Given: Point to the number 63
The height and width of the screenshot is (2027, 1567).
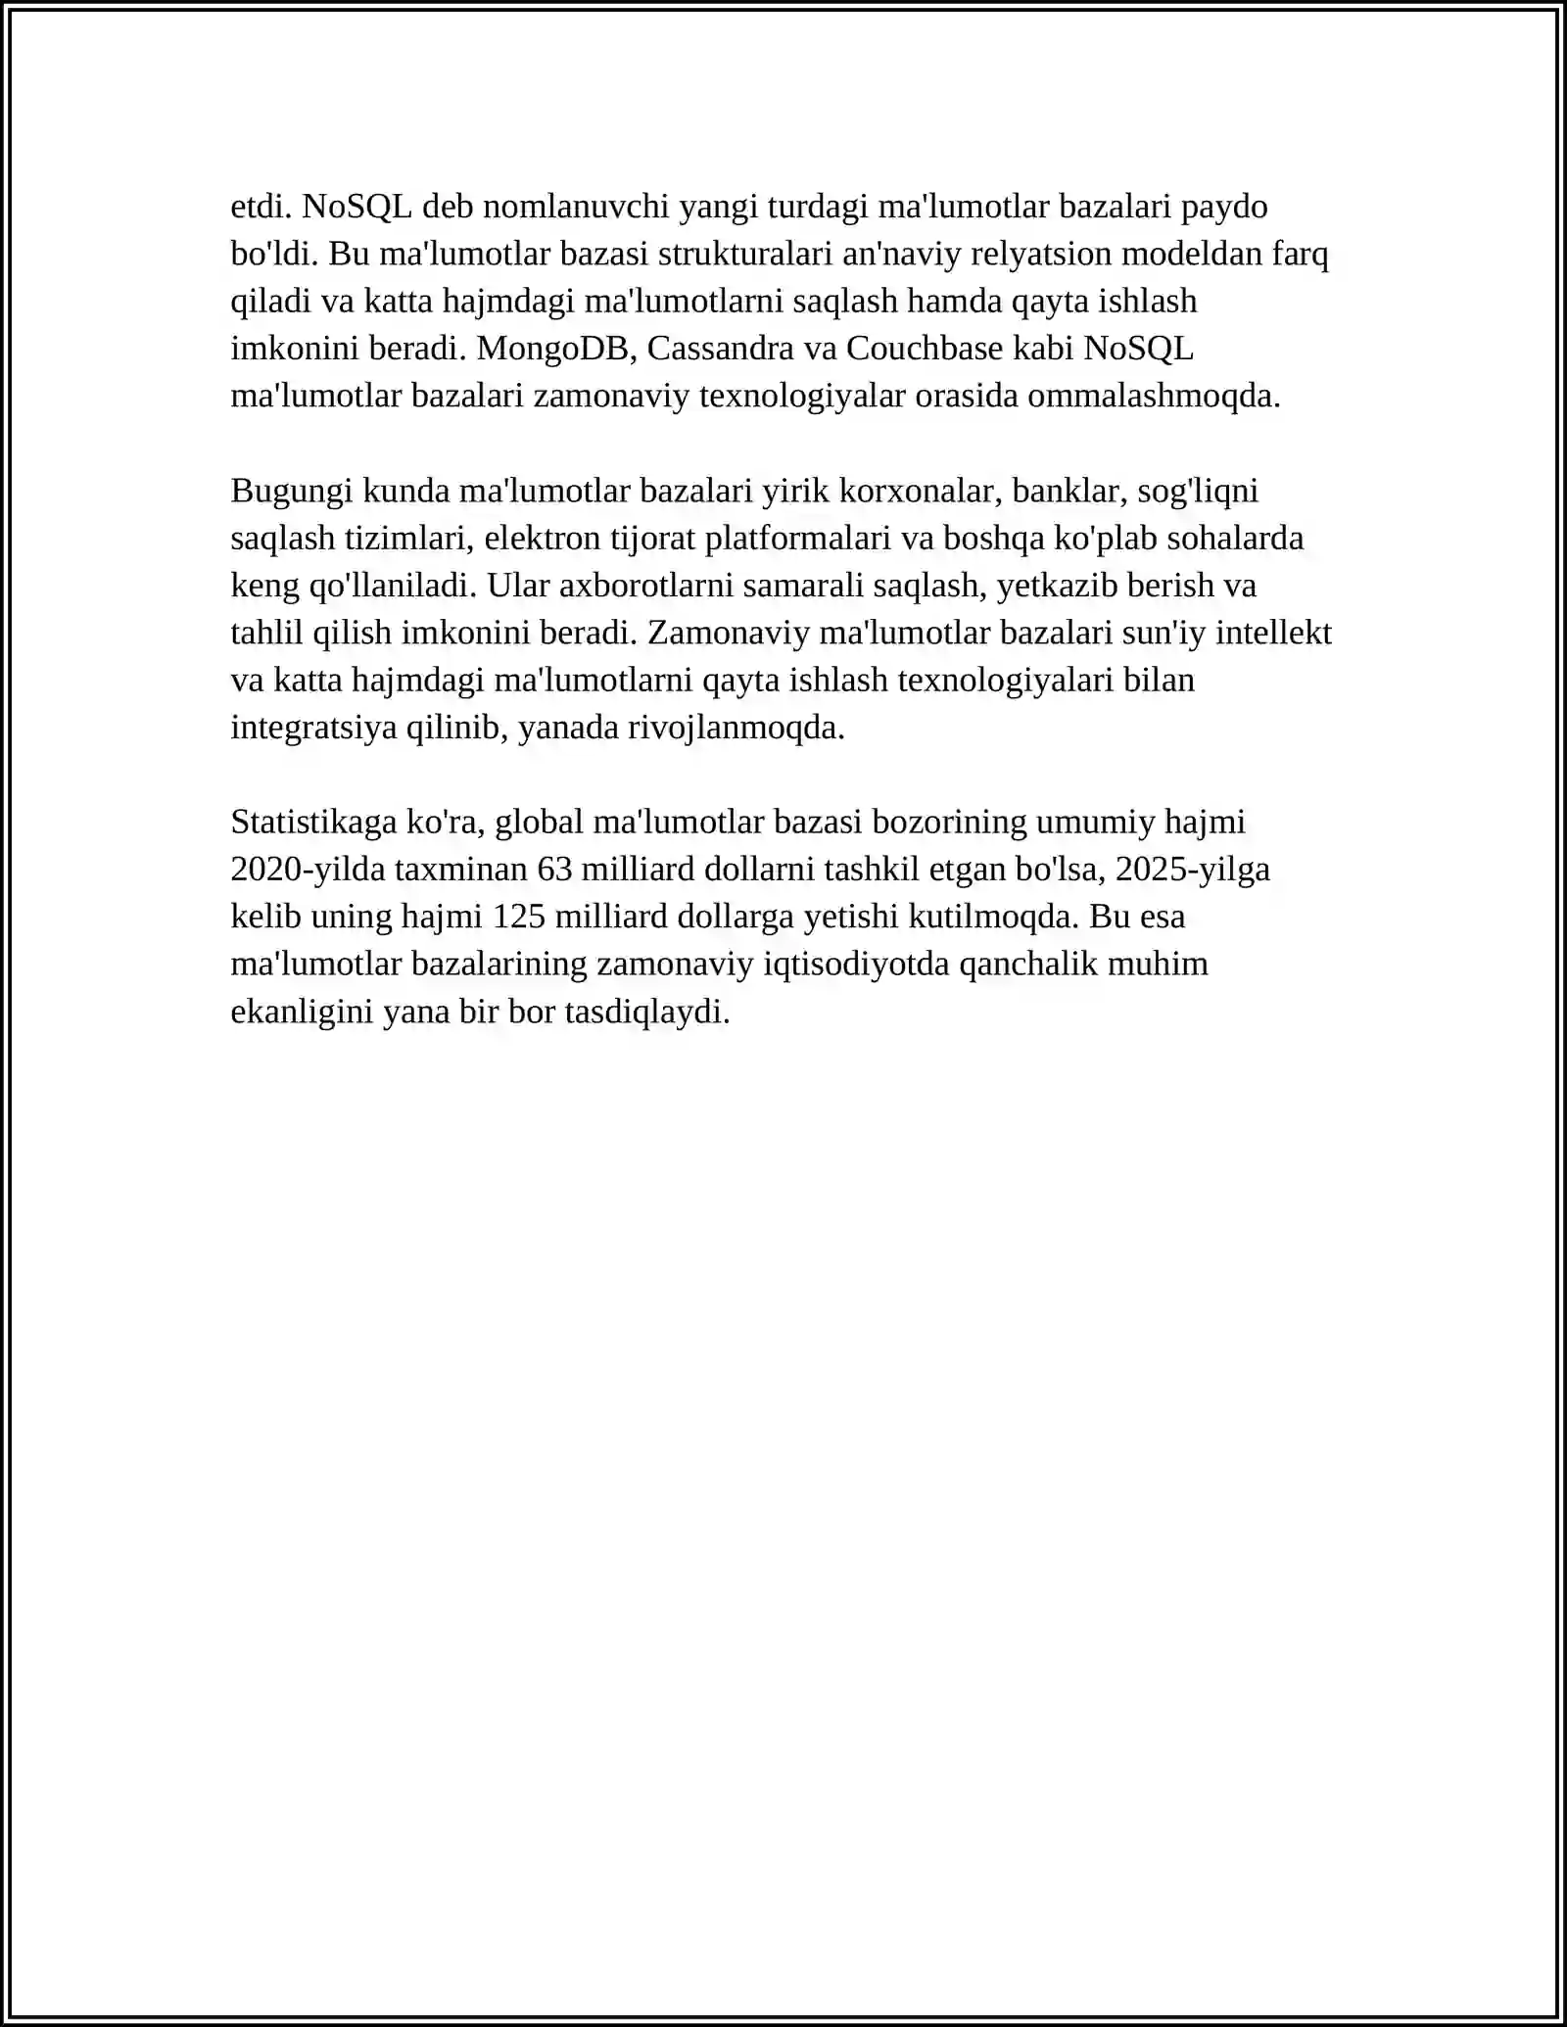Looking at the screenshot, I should point(555,870).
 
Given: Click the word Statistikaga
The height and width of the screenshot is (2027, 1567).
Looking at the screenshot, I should point(313,823).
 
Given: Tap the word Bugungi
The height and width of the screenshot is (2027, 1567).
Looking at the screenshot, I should point(292,492).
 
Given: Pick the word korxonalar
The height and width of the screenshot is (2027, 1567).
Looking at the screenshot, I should point(921,492).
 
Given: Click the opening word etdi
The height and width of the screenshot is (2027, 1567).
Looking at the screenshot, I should point(261,207).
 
